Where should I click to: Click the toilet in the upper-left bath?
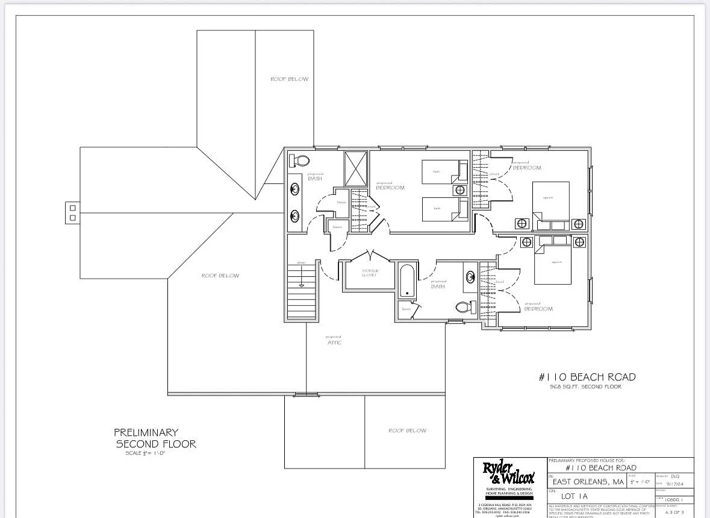(x=300, y=161)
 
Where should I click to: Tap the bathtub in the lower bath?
(x=407, y=280)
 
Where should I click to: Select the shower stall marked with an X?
(x=355, y=168)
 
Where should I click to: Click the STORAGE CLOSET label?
(x=369, y=273)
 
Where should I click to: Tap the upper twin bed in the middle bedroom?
(x=444, y=171)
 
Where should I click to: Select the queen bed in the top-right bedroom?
(x=551, y=201)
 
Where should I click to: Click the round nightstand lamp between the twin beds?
(x=460, y=190)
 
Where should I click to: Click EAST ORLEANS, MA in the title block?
(x=588, y=482)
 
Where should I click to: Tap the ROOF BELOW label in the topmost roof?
(x=289, y=79)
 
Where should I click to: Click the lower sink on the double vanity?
(x=295, y=215)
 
